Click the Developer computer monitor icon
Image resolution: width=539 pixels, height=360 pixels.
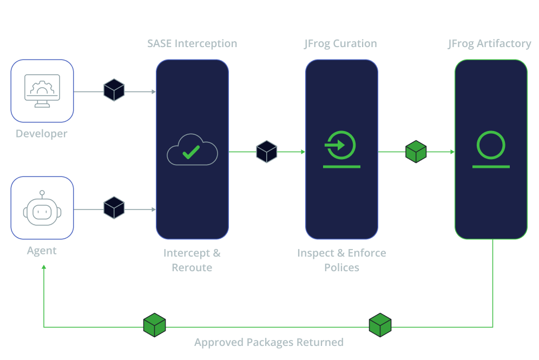42,91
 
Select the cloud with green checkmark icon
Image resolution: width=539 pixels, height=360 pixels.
192,149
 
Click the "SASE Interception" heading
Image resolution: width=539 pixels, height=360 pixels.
192,44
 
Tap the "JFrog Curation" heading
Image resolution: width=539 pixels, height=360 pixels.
340,44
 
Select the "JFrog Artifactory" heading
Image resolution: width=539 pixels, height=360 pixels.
489,44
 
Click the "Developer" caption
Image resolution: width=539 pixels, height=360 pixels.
42,133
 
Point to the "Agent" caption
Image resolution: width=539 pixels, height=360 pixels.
42,250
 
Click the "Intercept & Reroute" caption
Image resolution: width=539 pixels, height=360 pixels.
192,260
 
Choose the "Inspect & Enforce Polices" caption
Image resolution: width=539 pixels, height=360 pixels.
341,260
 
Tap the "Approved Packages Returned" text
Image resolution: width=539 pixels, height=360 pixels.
269,343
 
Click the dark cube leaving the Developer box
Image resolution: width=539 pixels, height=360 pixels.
114,90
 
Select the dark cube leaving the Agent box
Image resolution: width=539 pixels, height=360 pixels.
114,208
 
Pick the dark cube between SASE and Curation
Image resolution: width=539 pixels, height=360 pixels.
267,152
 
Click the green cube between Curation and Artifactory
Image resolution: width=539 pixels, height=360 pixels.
416,152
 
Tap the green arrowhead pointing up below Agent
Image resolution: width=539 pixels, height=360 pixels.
44,267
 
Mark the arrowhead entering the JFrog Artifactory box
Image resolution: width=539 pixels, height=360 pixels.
452,152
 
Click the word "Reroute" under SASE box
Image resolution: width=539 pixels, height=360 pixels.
192,267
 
